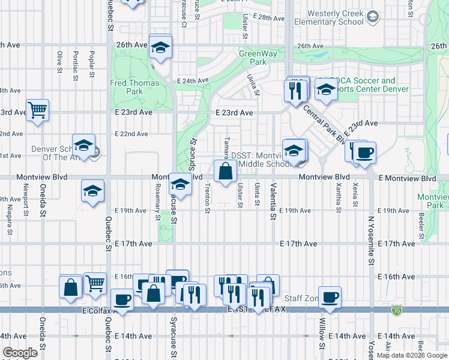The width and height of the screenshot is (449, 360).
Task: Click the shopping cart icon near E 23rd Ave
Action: point(38,110)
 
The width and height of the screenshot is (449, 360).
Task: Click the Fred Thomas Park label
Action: point(134,88)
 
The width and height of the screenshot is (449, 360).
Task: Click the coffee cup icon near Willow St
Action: point(330,297)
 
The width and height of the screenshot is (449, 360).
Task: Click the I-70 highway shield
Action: point(396,310)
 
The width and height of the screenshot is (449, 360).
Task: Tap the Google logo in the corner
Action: point(20,353)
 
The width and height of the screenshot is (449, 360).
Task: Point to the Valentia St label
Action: point(273,201)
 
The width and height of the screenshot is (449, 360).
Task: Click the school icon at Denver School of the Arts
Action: point(84,145)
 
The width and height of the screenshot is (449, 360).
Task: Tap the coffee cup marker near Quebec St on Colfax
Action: point(122,299)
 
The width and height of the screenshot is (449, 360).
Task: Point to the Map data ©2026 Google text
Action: point(411,355)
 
